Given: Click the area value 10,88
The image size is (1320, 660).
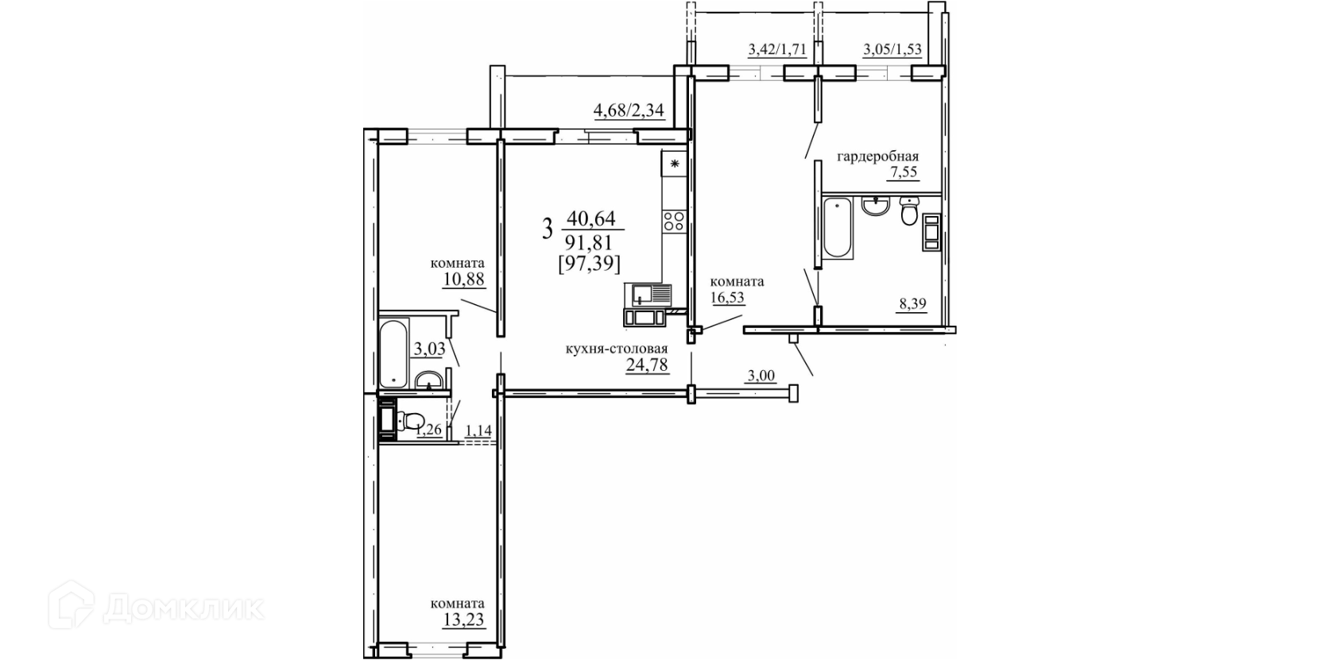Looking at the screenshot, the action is pyautogui.click(x=464, y=279).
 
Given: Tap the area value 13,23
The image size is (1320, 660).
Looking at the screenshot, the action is pyautogui.click(x=464, y=620).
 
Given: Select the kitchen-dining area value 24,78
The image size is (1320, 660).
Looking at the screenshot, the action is pyautogui.click(x=647, y=365).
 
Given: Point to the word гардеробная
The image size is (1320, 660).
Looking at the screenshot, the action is pyautogui.click(x=878, y=156).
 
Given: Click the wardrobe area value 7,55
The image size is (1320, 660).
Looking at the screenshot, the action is pyautogui.click(x=904, y=172).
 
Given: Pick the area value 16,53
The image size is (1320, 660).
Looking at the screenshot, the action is pyautogui.click(x=727, y=297).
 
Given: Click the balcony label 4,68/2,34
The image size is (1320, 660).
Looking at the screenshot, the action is pyautogui.click(x=629, y=110).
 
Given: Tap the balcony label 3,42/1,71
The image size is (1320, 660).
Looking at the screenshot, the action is pyautogui.click(x=776, y=49).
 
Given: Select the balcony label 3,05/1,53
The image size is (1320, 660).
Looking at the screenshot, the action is pyautogui.click(x=892, y=49).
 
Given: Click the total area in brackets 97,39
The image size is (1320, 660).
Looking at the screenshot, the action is pyautogui.click(x=590, y=263).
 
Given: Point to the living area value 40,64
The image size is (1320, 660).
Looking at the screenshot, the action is pyautogui.click(x=590, y=218).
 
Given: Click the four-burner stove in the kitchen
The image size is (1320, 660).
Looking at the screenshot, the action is pyautogui.click(x=674, y=222).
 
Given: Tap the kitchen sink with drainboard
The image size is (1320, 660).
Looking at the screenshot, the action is pyautogui.click(x=652, y=295).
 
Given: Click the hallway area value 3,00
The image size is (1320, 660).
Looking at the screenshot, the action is pyautogui.click(x=761, y=376).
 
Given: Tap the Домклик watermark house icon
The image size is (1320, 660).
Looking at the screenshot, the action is pyautogui.click(x=71, y=604).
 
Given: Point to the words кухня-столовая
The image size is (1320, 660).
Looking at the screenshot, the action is pyautogui.click(x=617, y=349).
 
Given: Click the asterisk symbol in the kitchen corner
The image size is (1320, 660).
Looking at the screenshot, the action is pyautogui.click(x=675, y=164).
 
